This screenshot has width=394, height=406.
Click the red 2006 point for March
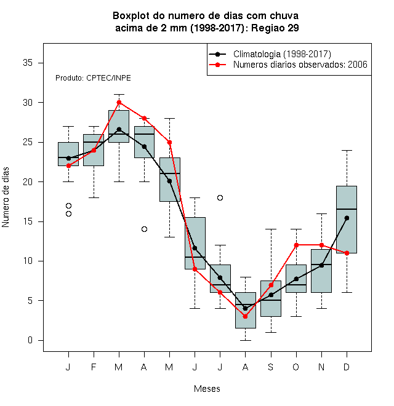point(119,103)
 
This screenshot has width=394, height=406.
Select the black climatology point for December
point(347,218)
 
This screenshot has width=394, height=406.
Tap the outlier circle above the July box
point(220,198)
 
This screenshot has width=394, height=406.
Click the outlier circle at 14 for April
point(145,229)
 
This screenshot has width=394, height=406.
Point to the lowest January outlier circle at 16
point(69,213)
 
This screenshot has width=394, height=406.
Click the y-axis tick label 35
point(28,63)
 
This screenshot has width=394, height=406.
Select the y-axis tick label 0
point(30,340)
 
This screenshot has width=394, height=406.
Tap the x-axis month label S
point(271,367)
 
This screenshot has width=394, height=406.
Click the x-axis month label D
point(347,367)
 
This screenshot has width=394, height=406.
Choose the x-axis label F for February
point(94,367)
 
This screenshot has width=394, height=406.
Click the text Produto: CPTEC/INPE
point(93,78)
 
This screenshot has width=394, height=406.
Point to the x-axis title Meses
point(207,389)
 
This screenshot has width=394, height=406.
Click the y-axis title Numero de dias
point(6,197)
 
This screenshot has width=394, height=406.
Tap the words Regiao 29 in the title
point(275,28)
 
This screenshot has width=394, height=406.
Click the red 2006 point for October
point(296,245)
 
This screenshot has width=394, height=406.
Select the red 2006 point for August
point(245,316)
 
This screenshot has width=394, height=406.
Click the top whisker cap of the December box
point(347,150)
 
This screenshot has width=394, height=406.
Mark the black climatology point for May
point(169,181)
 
